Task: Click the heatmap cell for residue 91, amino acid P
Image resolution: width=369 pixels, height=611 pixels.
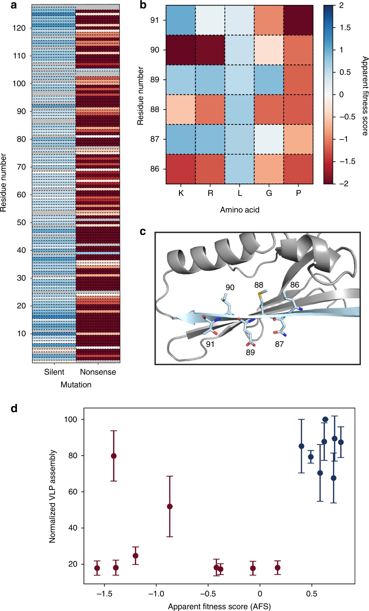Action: point(298,20)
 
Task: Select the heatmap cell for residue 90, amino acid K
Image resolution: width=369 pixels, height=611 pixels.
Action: point(181,50)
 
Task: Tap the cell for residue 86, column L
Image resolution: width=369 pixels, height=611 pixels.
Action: point(240,169)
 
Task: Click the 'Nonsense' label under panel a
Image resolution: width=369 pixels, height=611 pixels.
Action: point(98,372)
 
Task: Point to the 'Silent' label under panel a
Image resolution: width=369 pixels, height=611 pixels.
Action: point(54,372)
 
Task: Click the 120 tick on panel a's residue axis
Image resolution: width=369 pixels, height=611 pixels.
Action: point(19,28)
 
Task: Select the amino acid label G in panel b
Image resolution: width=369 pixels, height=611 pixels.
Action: point(269,193)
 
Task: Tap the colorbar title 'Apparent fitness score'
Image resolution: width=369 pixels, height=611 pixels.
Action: point(365,96)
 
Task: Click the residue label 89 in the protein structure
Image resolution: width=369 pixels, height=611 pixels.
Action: point(250,352)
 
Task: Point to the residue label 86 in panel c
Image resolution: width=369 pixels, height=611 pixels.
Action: point(294,285)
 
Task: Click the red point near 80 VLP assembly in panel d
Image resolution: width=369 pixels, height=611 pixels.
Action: point(114,456)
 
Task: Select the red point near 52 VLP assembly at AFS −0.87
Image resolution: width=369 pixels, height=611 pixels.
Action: point(170,507)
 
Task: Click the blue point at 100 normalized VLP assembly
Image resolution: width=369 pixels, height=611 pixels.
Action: point(325,419)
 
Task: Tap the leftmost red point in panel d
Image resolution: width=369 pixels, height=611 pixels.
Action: point(97,568)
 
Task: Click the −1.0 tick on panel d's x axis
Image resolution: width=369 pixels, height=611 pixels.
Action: point(156,594)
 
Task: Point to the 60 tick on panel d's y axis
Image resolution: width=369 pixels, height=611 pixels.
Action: point(73,492)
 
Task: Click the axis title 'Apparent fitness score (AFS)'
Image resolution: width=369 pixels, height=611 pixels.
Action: point(219,606)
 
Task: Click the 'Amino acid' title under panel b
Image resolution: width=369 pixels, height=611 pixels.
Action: point(240,210)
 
